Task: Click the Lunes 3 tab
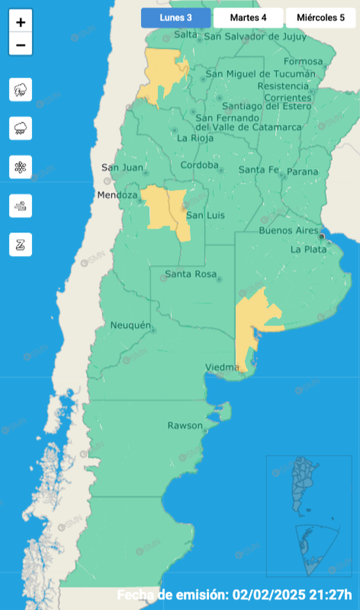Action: [175, 18]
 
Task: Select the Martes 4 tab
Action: [248, 18]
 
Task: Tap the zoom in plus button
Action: [21, 23]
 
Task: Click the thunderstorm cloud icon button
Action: [21, 90]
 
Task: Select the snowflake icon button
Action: [21, 167]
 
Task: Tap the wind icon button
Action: [21, 206]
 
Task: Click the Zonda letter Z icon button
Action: [21, 244]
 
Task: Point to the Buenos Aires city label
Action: [289, 231]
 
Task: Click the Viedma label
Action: [222, 368]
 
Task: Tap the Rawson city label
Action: [185, 425]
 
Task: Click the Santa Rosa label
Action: [190, 274]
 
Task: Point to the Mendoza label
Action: [118, 195]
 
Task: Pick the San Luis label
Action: [205, 216]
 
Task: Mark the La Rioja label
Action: [195, 139]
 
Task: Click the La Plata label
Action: [308, 250]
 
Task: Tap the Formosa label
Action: [303, 61]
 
